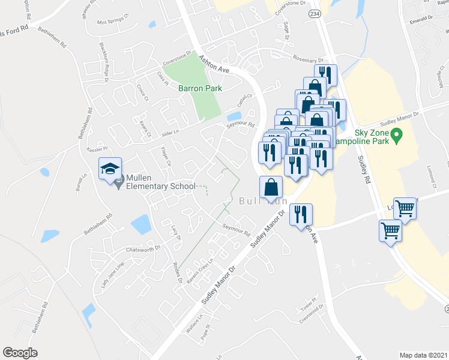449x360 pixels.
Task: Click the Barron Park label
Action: (x=200, y=88)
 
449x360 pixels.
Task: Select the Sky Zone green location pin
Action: (x=397, y=136)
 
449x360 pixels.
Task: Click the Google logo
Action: (x=20, y=353)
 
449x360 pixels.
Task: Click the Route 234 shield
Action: (x=314, y=12)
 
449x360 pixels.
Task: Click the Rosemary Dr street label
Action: (x=308, y=59)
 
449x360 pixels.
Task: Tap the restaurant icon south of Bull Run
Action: (x=300, y=215)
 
